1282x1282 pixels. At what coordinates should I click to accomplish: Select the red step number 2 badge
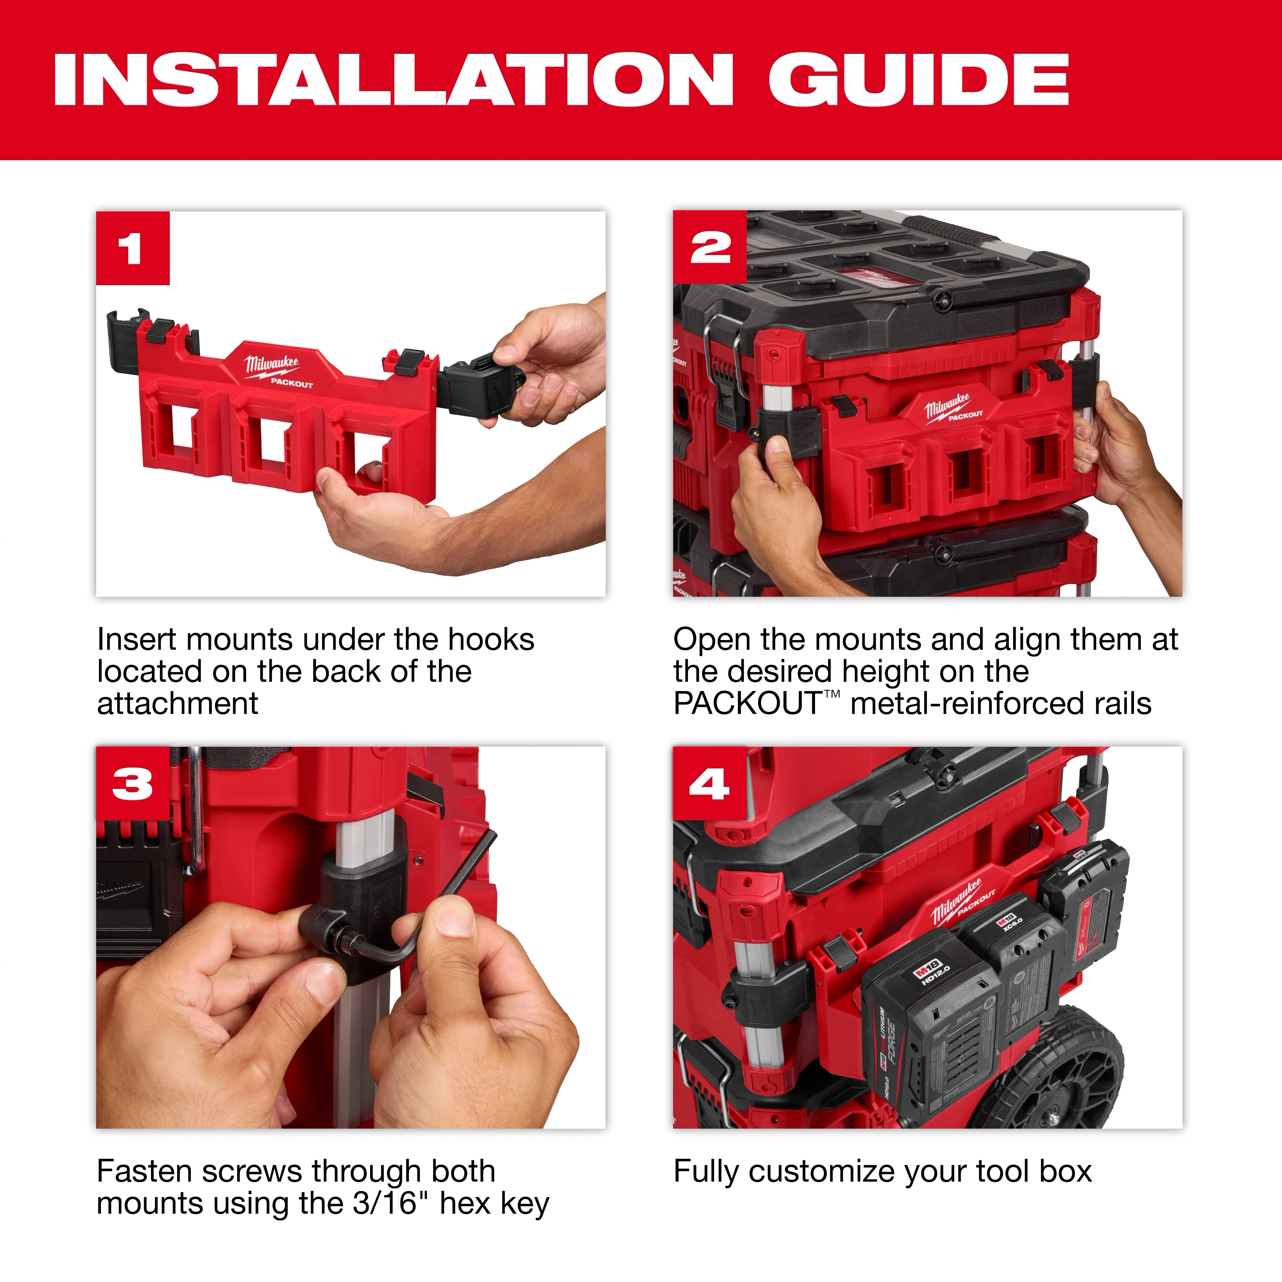(709, 248)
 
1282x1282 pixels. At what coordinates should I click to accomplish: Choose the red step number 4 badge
(709, 784)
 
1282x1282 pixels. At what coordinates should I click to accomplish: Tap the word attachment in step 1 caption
(177, 703)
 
